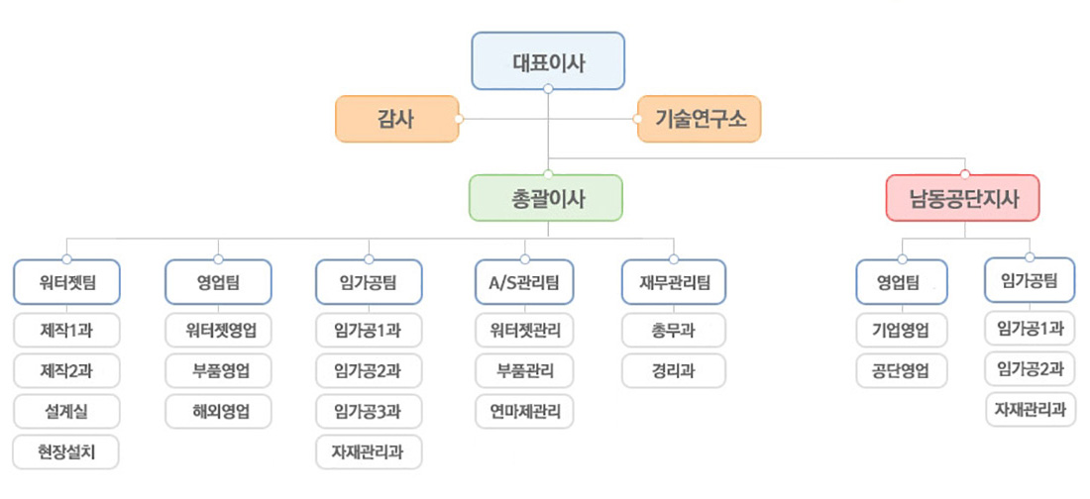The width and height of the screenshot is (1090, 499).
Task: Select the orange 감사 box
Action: [x=396, y=120]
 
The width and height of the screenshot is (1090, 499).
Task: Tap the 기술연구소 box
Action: [x=700, y=120]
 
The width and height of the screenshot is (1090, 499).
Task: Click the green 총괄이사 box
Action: [x=545, y=198]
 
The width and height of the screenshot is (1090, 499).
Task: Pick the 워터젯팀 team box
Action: [x=67, y=282]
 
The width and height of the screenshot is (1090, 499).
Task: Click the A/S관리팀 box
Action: [x=524, y=282]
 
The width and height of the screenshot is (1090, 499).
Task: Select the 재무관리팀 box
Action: [x=673, y=282]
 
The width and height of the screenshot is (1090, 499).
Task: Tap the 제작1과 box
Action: [x=67, y=330]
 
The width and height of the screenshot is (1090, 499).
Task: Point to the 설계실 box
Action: [x=67, y=410]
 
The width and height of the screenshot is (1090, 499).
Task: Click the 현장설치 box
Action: [x=67, y=451]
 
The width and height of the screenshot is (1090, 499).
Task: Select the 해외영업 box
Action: [x=219, y=410]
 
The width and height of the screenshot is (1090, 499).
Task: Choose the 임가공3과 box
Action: [x=369, y=410]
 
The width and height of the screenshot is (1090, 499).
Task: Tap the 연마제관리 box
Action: [x=524, y=410]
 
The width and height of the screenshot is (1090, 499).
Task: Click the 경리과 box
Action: [x=673, y=370]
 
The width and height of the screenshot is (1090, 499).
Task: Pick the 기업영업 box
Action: [x=901, y=330]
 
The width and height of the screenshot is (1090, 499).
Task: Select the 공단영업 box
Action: [x=901, y=370]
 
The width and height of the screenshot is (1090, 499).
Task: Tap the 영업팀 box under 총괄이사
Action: [x=219, y=282]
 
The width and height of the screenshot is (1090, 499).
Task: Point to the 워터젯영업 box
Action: [x=219, y=330]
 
